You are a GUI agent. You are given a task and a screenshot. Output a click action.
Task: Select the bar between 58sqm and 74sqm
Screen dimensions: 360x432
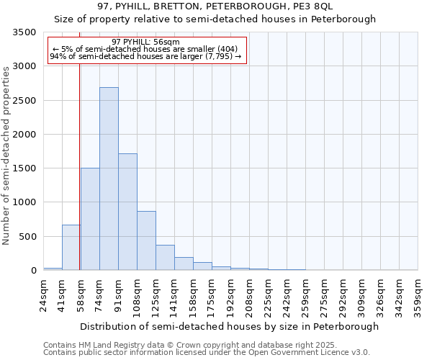click(x=90, y=219)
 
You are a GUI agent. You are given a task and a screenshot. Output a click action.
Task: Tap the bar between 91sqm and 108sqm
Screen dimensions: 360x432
click(x=127, y=212)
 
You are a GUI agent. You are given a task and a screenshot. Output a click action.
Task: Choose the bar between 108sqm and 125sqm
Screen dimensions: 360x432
click(x=146, y=240)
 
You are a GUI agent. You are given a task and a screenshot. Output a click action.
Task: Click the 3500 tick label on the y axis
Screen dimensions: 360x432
click(x=24, y=33)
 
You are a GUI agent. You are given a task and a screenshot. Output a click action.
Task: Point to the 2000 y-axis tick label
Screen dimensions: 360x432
click(x=24, y=135)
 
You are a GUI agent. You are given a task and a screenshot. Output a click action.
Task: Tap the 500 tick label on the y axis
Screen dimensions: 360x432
click(x=27, y=237)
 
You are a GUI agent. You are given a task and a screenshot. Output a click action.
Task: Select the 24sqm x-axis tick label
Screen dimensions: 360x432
click(x=43, y=295)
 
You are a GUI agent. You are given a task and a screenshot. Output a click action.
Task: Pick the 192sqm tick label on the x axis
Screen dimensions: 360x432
click(x=230, y=295)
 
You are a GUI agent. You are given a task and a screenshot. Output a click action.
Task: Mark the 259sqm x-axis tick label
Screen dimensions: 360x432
click(x=305, y=295)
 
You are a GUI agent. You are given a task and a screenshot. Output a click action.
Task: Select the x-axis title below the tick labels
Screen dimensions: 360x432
click(x=229, y=326)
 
